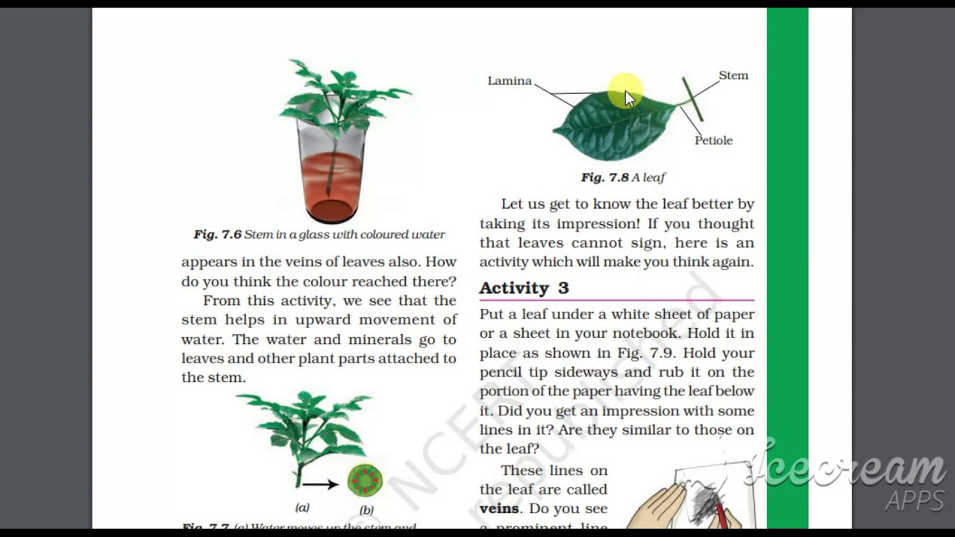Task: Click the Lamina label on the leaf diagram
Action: (x=510, y=81)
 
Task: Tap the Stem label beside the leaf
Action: (x=733, y=75)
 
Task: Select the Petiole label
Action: (x=713, y=140)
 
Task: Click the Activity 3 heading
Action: (x=524, y=288)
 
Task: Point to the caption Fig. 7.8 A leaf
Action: (x=623, y=178)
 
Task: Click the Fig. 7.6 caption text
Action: (x=319, y=234)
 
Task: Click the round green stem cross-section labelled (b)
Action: (x=365, y=481)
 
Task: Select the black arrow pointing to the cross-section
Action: (x=320, y=484)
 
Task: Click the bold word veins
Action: (x=499, y=509)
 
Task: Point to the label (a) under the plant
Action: (x=302, y=508)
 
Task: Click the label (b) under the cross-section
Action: (x=366, y=510)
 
